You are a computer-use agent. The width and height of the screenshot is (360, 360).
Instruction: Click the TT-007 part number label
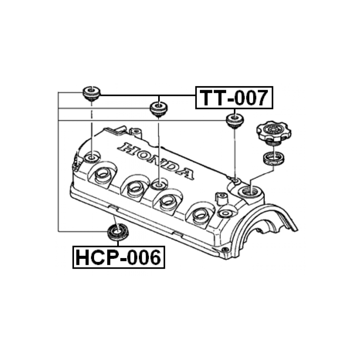[x=234, y=98]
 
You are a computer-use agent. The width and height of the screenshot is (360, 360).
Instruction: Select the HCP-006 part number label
[x=118, y=258]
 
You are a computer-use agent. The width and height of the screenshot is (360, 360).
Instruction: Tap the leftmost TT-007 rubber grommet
[x=91, y=94]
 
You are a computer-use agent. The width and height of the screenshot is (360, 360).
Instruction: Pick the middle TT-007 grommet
[x=158, y=109]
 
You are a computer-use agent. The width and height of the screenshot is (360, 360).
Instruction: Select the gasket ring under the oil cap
[x=273, y=158]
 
